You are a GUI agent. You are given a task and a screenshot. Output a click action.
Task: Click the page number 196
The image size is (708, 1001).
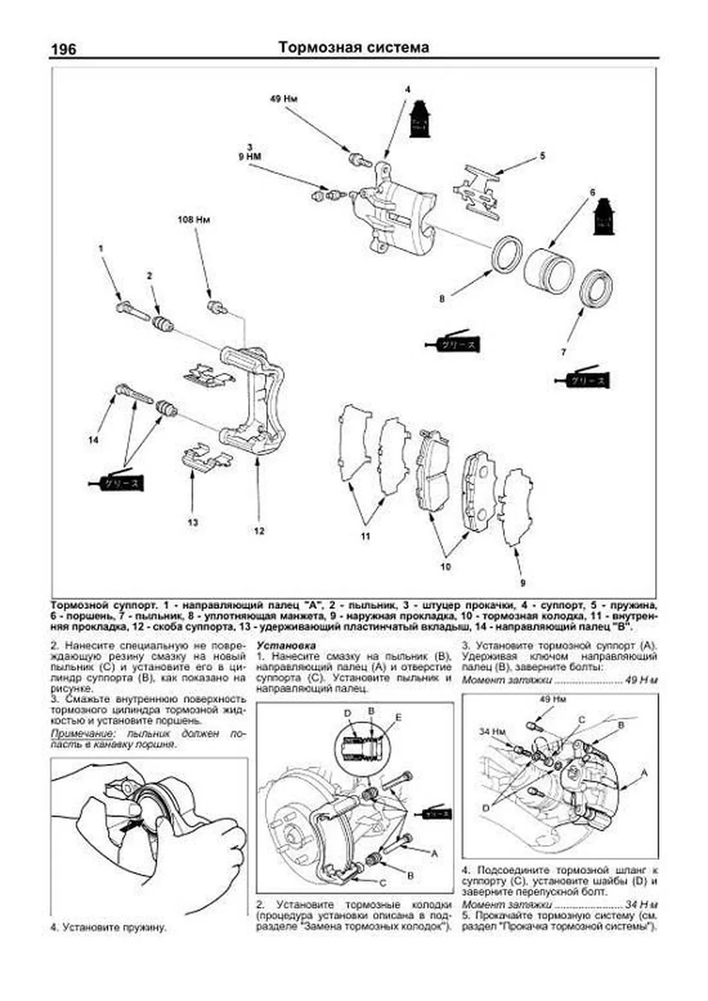pos(63,48)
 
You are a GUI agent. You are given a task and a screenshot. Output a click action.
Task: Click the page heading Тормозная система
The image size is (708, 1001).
pos(353,47)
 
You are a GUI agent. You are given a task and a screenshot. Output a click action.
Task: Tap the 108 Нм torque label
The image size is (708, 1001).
pos(194,219)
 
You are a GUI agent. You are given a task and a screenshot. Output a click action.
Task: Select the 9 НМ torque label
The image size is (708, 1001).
pos(250,156)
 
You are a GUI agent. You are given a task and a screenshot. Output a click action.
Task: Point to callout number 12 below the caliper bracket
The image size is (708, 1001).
pos(259,530)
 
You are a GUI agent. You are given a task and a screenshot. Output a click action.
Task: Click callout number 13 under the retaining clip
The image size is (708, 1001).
pos(193,521)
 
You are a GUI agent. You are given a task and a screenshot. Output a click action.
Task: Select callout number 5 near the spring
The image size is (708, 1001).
pos(542,156)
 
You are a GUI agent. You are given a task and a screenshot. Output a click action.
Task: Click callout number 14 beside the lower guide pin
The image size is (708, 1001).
pos(94,439)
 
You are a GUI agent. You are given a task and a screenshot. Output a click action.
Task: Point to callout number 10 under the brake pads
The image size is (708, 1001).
pos(445,566)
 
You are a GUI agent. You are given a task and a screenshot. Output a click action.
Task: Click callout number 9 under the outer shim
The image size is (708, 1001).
pos(522,583)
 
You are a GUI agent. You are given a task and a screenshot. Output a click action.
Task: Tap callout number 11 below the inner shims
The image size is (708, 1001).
pos(366,536)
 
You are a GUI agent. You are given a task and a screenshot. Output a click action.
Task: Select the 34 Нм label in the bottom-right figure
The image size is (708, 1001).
pos(492,731)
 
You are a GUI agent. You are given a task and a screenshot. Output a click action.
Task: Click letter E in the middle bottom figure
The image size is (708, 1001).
pos(399,717)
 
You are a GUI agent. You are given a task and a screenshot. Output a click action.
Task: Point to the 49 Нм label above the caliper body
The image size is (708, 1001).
pos(283,99)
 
